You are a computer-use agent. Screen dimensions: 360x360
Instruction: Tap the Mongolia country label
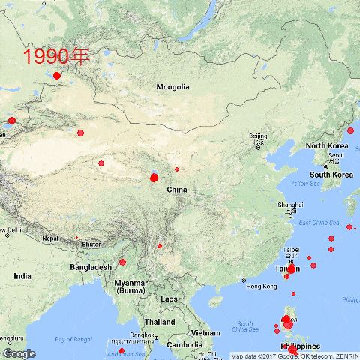pos(172,87)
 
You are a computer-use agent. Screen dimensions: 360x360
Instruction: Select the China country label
pos(176,190)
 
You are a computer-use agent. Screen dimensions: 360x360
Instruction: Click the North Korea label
pos(326,145)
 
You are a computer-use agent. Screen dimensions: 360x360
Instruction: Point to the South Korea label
pos(331,175)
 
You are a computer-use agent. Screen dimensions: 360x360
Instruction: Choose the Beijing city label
pos(257,136)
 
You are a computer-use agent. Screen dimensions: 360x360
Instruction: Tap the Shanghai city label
pos(290,205)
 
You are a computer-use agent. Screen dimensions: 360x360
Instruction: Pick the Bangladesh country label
pos(91,267)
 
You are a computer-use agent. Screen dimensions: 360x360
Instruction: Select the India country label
pos(22,276)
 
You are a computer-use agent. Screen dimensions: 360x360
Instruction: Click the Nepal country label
pos(49,238)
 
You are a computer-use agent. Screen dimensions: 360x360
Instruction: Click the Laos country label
pos(169,298)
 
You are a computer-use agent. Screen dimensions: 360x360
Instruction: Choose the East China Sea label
pos(319,223)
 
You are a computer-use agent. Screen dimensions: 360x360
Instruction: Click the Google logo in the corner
pos(19,353)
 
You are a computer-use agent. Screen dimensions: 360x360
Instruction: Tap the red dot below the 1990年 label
pos(57,75)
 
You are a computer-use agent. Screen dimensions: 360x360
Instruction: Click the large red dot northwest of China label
pos(154,178)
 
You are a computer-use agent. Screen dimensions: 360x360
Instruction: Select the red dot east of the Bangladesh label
pos(122,262)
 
